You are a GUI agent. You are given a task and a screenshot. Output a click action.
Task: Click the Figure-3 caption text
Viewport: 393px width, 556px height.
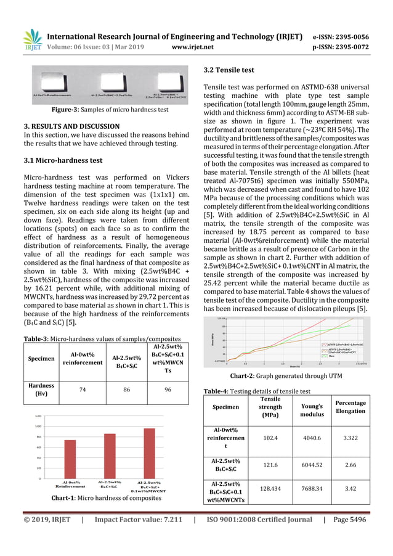point(110,109)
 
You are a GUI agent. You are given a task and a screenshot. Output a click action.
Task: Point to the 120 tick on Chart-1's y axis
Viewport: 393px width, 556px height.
point(38,416)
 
